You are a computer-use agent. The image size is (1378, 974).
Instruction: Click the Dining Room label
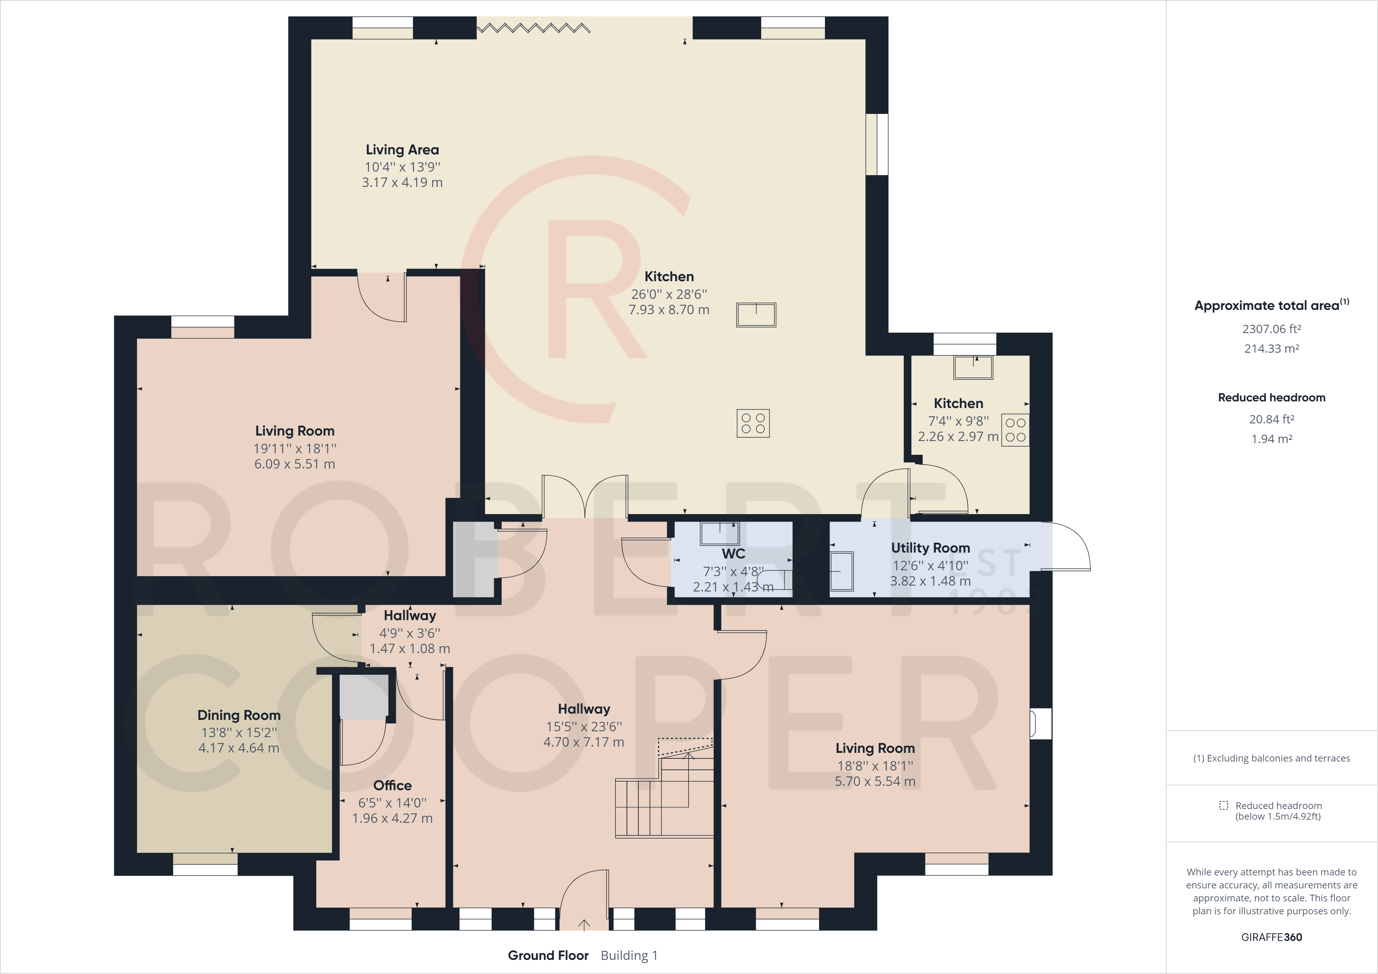pos(239,715)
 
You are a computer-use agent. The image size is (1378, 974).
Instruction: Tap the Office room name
pos(392,785)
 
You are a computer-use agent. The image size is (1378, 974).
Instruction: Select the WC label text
pos(733,553)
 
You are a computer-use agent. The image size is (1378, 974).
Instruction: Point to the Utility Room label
pos(930,547)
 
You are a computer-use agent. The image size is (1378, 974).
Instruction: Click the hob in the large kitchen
pos(753,423)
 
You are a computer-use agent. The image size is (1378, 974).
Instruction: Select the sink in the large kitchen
pos(756,315)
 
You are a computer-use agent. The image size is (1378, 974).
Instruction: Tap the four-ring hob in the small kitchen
pos(1015,430)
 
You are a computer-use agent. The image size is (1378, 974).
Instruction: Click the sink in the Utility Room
pos(841,571)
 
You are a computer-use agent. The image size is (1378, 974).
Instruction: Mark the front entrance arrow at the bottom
pos(583,924)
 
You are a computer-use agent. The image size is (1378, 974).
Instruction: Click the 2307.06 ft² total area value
pos(1271,329)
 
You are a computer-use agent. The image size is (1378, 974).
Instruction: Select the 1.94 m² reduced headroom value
pos(1271,439)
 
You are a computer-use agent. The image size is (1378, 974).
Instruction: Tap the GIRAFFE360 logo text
pos(1271,937)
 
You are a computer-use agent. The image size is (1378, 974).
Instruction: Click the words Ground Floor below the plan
pos(548,956)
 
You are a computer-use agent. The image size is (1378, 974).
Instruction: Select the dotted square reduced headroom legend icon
pos(1224,806)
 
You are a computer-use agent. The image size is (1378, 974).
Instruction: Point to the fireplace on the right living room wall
pos(1039,723)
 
